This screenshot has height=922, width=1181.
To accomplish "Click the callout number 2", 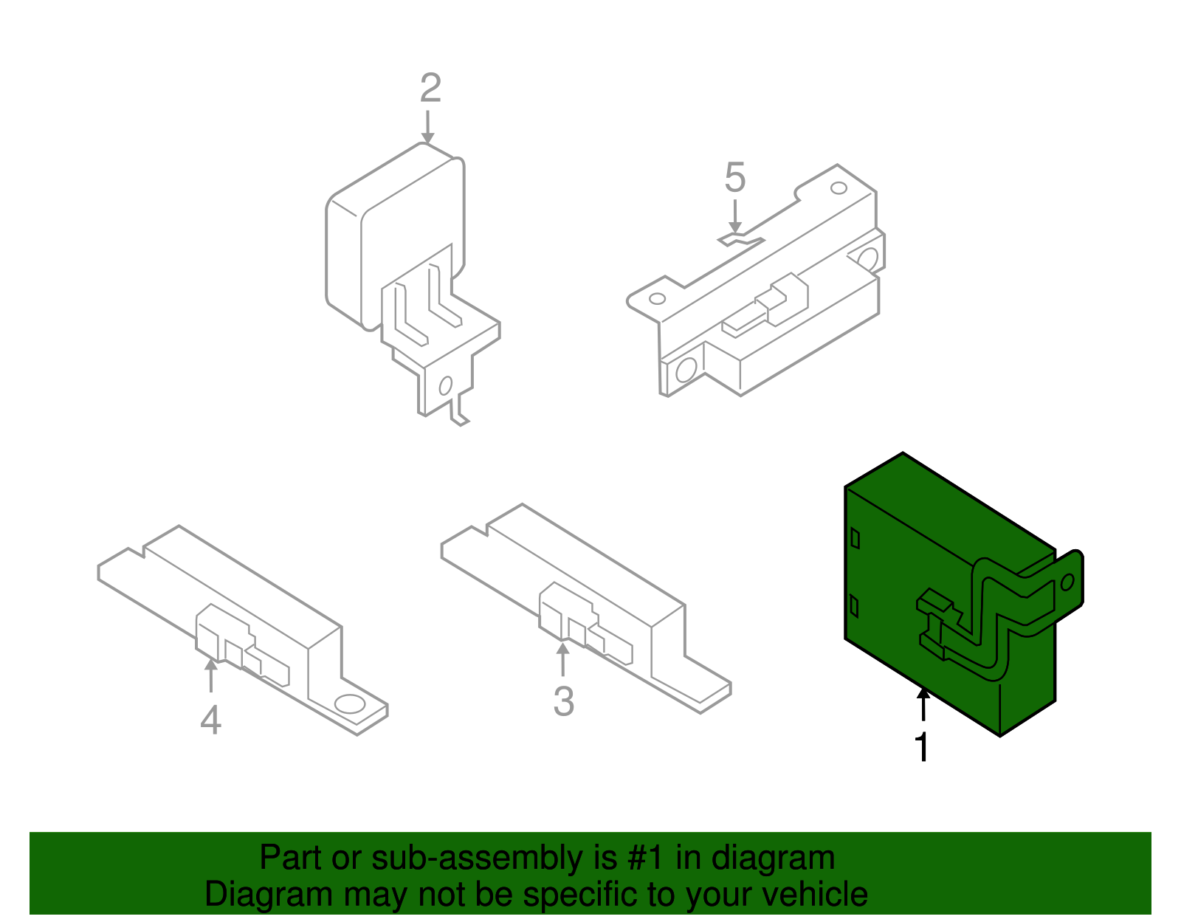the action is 430,88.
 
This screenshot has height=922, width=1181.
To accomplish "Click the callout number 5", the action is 734,178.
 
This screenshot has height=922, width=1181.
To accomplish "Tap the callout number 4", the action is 211,719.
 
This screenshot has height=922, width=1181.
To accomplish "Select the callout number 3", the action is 564,701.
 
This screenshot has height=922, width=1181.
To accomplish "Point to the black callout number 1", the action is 923,746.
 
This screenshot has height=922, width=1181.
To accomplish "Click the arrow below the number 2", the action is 427,128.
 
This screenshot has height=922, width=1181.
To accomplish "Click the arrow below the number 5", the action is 734,217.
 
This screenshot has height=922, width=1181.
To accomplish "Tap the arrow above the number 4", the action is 211,675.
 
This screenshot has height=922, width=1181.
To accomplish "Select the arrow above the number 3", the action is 563,659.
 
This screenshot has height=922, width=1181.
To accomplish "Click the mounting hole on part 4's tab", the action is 349,703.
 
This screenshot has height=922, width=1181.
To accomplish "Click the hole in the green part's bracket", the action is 1067,582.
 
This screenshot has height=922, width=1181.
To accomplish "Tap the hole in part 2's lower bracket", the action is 446,386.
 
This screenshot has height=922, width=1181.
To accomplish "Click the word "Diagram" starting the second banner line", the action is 269,894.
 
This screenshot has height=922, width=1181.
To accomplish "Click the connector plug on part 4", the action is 241,644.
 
